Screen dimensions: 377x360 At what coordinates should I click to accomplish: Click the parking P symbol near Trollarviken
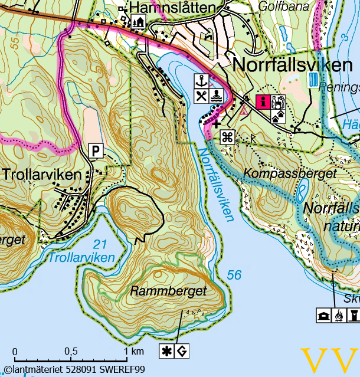tap(96, 151)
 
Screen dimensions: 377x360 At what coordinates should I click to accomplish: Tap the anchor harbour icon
tap(202, 81)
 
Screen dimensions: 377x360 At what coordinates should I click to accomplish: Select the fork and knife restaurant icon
tap(202, 96)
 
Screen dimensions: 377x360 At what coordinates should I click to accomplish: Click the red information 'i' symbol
tap(264, 102)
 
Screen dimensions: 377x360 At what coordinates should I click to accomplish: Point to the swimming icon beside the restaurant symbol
tap(216, 96)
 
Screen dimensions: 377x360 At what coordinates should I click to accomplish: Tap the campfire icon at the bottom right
tap(339, 316)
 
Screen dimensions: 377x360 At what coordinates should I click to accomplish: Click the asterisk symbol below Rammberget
tap(168, 351)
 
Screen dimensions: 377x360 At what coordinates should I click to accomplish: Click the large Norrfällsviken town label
tap(293, 64)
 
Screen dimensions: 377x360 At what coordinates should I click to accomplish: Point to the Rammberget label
tap(168, 291)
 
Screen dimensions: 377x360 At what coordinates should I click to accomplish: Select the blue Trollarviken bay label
tap(81, 258)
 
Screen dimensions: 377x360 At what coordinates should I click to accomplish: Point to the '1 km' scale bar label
tap(134, 351)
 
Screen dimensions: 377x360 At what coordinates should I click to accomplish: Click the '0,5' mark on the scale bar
tap(71, 351)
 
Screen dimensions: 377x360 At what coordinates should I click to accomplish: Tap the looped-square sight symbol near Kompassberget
tap(227, 137)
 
